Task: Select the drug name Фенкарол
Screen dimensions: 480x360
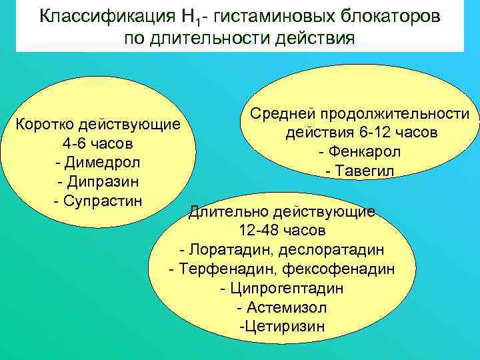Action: point(365,152)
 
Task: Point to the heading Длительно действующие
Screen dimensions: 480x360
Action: point(282,212)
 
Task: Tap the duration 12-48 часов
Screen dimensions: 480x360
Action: point(282,231)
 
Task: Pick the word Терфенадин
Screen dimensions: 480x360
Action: point(229,269)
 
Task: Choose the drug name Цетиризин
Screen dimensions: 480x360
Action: point(284,327)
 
